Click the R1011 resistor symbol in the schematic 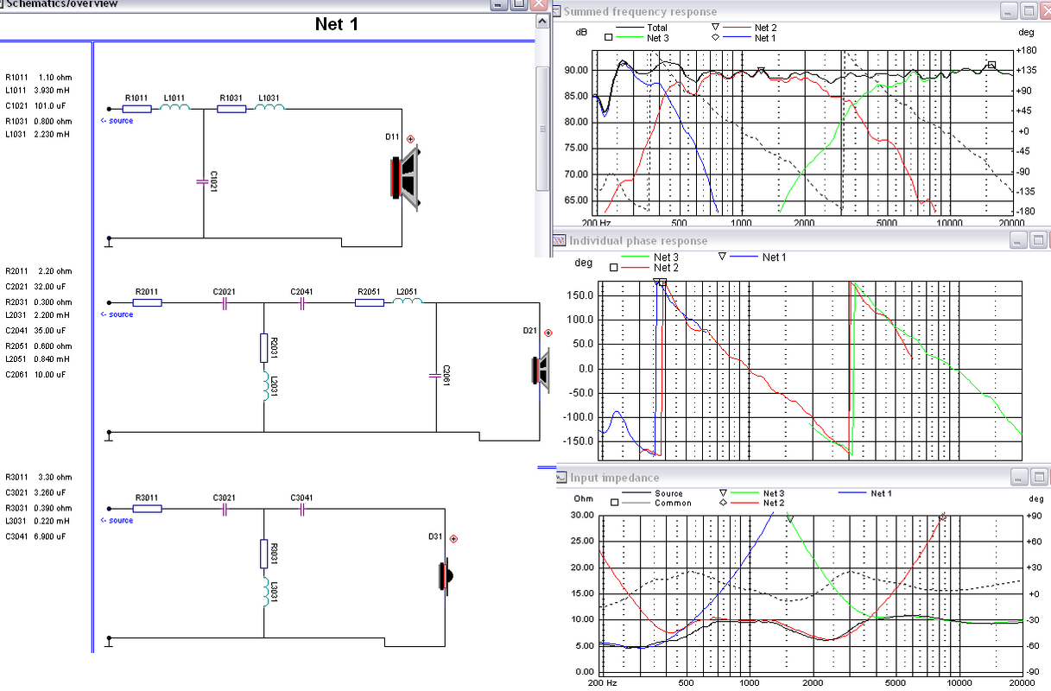point(136,109)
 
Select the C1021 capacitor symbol point(203,181)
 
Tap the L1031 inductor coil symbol point(269,107)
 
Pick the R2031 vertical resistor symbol point(263,348)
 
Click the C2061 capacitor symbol point(435,376)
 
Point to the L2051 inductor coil point(408,301)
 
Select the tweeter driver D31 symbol point(446,576)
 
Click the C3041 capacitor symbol point(302,510)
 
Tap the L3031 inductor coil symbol point(266,592)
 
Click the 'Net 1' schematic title point(337,24)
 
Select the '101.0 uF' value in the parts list point(50,105)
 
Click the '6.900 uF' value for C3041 point(50,536)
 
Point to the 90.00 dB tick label point(576,70)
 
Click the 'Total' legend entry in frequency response point(657,28)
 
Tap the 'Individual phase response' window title point(638,241)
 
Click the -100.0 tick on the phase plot point(581,417)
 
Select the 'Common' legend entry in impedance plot point(673,503)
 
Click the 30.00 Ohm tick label point(582,515)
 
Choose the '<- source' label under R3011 point(117,520)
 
